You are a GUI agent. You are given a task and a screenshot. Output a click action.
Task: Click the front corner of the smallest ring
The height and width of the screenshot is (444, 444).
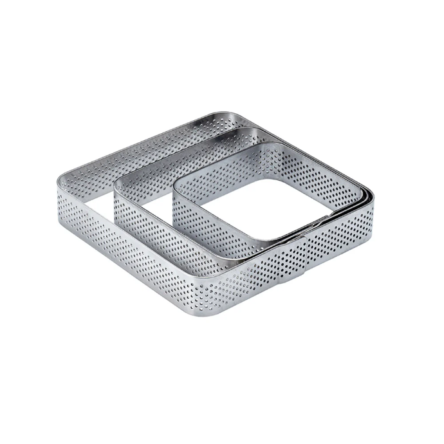pos(270,248)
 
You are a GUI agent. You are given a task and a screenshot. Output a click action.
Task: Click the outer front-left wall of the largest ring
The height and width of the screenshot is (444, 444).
pos(135,257)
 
